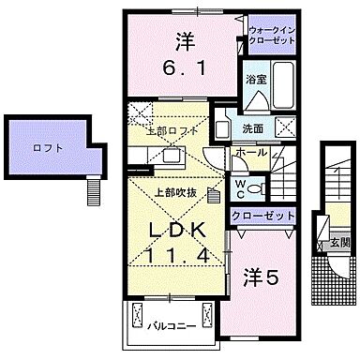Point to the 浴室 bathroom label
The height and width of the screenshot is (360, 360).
coord(254,79)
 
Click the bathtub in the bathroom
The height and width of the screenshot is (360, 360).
coord(280,85)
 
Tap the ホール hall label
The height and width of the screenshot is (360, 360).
coord(248,151)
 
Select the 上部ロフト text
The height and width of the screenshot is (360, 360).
coord(172,130)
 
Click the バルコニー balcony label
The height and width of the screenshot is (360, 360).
coord(170,327)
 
